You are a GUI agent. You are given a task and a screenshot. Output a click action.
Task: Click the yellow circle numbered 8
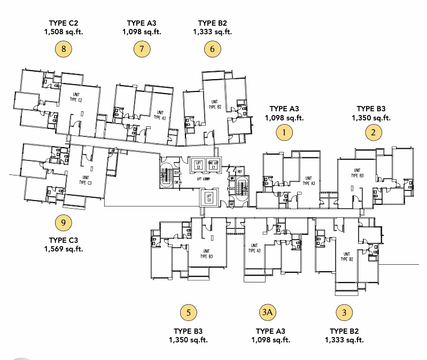(x=64, y=50)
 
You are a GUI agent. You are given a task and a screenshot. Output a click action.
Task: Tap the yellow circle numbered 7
(x=142, y=50)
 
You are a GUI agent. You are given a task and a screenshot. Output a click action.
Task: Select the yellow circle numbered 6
(x=212, y=50)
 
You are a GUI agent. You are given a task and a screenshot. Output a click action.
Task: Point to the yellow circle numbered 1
(x=284, y=132)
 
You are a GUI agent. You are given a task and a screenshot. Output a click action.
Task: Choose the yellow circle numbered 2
(x=374, y=132)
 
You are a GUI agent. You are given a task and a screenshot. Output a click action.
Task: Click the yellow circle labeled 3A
(x=267, y=312)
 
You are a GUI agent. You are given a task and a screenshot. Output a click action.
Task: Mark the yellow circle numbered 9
(x=64, y=221)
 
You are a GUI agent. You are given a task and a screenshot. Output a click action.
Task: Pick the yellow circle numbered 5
(x=188, y=312)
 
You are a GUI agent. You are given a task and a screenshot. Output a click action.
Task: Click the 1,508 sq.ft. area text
(x=64, y=32)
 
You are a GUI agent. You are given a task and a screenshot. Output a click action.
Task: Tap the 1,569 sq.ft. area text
(x=64, y=249)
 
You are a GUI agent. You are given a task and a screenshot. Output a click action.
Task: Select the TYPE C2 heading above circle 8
(x=64, y=23)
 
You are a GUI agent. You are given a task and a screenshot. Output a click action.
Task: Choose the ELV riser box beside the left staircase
(x=176, y=172)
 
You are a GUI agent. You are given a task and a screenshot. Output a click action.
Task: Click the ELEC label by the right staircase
(x=232, y=188)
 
